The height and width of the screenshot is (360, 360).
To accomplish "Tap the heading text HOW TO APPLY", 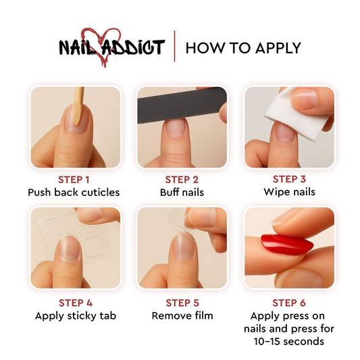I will [x=243, y=48].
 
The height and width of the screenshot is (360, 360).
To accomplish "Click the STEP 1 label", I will [x=74, y=179].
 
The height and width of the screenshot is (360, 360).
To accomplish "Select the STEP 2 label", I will [x=182, y=179].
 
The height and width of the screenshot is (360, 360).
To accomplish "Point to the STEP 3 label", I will [x=289, y=179].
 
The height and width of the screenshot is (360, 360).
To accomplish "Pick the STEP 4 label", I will [x=74, y=303].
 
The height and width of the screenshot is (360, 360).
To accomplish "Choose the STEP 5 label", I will [x=182, y=303].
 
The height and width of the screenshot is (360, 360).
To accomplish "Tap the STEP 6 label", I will [x=289, y=303].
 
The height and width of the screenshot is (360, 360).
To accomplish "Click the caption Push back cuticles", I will [x=74, y=192].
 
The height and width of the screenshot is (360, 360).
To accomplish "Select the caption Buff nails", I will [x=182, y=192].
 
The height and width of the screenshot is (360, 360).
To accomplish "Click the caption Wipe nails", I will [x=289, y=192].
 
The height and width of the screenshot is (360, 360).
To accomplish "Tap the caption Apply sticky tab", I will [x=74, y=315].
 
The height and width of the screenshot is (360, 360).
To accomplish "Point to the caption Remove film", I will [x=182, y=315].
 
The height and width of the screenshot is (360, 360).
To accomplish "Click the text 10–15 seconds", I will [x=289, y=341].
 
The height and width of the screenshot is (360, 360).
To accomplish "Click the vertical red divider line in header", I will [x=174, y=47].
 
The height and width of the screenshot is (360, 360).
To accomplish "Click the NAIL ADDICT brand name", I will [x=111, y=48].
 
